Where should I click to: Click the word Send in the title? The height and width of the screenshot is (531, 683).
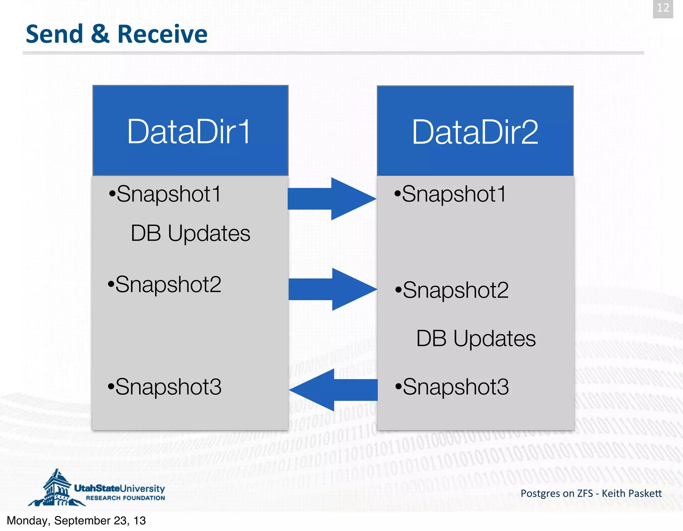[54, 34]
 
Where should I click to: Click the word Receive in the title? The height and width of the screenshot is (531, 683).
[162, 34]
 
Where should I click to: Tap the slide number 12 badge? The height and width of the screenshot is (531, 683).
[663, 8]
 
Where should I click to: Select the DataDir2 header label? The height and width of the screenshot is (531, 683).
[475, 132]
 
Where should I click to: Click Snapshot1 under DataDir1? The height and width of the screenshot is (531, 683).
[165, 194]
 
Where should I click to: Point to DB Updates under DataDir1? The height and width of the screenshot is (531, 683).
[190, 233]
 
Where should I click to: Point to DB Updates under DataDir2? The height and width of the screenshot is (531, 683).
[476, 338]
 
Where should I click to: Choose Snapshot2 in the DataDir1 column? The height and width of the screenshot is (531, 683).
[165, 285]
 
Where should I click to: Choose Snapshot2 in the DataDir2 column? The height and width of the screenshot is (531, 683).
[452, 290]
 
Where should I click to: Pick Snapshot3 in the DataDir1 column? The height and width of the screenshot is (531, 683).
[165, 387]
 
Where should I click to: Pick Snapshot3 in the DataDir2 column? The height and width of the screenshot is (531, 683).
[452, 387]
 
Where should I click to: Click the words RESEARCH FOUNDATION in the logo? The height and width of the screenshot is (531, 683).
[125, 498]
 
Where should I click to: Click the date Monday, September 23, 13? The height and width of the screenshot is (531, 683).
[76, 521]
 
